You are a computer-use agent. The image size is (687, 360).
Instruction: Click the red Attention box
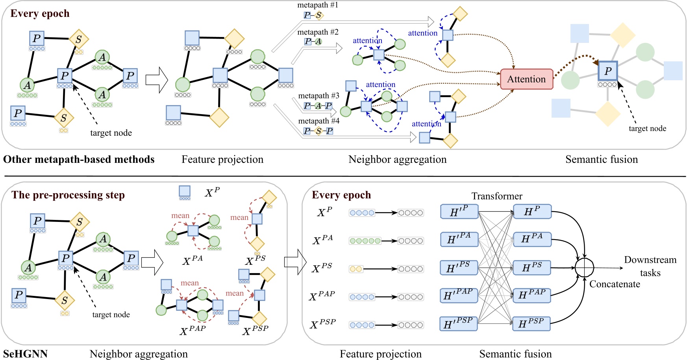click(x=526, y=79)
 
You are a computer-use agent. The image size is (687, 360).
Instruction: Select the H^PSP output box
click(x=531, y=323)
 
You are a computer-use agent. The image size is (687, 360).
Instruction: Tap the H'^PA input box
click(x=459, y=239)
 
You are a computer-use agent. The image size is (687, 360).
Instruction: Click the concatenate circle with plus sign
click(x=584, y=268)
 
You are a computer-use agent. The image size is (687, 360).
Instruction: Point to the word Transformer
click(x=497, y=196)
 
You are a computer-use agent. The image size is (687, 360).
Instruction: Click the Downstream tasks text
click(x=650, y=266)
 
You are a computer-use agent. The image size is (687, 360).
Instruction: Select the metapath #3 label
click(x=319, y=96)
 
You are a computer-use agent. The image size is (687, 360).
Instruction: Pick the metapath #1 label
click(x=317, y=5)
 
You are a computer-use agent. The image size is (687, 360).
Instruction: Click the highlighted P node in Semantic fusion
click(x=607, y=71)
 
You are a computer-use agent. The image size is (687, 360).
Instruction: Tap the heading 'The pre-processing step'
click(x=68, y=195)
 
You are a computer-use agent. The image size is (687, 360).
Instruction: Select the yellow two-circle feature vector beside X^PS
click(x=356, y=269)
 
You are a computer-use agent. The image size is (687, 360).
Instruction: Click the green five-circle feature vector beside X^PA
click(x=365, y=241)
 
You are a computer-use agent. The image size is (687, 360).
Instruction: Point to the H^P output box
click(x=532, y=212)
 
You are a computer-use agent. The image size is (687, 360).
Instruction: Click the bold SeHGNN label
click(x=25, y=354)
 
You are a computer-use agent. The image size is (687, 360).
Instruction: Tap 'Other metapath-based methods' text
click(x=79, y=159)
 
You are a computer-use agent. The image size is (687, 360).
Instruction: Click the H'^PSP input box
click(x=458, y=324)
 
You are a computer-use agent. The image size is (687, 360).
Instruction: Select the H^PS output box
click(x=532, y=268)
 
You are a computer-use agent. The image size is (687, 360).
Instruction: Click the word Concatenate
click(x=615, y=284)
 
